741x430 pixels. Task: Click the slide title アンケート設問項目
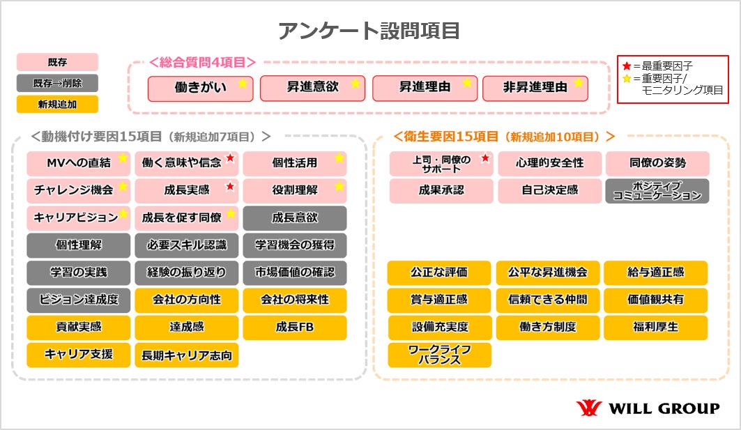[369, 31]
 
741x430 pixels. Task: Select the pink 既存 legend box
[57, 62]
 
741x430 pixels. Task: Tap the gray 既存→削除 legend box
[57, 83]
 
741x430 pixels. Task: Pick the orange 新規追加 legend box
[57, 104]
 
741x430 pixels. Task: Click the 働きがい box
[200, 89]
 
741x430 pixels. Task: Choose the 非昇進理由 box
[535, 89]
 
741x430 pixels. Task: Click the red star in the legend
[627, 66]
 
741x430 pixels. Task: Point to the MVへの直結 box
[78, 163]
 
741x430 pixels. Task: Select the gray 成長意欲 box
[294, 217]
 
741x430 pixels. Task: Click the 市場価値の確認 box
[294, 272]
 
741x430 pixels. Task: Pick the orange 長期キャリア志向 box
[186, 355]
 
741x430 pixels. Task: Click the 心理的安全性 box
[549, 163]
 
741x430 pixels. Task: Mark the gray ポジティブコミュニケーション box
[657, 191]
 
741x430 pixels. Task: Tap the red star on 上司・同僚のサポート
[486, 159]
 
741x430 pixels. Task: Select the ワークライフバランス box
[439, 355]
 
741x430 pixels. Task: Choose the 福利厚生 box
[655, 327]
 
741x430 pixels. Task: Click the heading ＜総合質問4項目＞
[202, 62]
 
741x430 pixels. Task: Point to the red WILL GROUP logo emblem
[588, 408]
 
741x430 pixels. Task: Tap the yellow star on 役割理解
[339, 186]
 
